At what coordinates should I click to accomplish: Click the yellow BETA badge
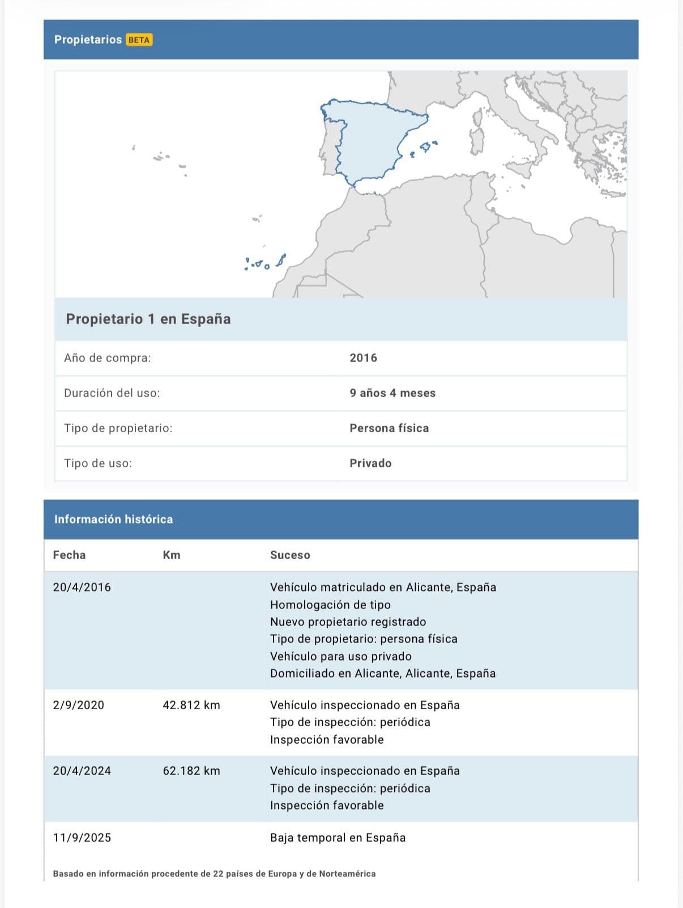pos(139,40)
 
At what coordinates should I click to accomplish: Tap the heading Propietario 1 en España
pos(148,319)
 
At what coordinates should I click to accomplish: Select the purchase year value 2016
pos(363,358)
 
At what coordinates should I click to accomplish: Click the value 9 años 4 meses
pos(392,393)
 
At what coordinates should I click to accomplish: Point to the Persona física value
pos(389,428)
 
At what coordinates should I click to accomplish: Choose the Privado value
pos(370,463)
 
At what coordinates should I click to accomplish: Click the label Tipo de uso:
pos(98,463)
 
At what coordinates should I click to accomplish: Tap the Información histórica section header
pos(113,519)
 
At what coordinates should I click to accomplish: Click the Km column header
pos(172,555)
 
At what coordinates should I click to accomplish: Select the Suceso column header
pos(290,555)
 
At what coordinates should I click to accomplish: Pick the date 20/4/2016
pos(82,587)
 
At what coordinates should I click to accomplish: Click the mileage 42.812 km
pos(191,705)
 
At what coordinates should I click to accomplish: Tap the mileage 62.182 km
pos(191,771)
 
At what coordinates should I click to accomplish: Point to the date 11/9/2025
pos(82,838)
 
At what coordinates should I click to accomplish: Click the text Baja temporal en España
pos(338,838)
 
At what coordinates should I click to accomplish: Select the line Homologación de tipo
pos(330,605)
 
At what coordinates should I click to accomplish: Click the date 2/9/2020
pos(79,705)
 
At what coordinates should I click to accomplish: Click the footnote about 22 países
pos(214,874)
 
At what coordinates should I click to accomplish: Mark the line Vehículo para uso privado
pos(341,657)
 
